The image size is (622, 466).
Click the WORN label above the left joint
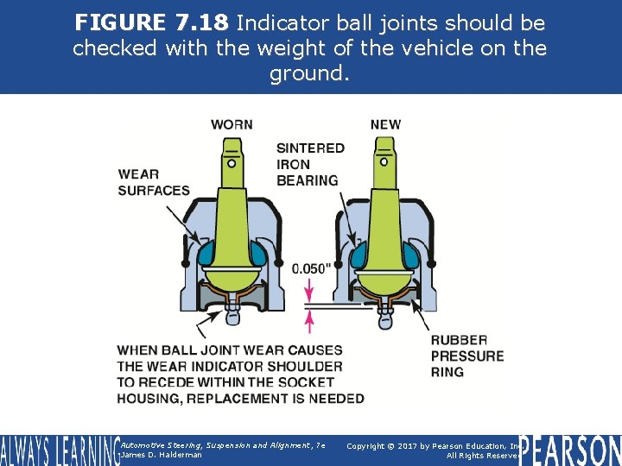(x=232, y=124)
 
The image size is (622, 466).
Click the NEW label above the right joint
(x=385, y=124)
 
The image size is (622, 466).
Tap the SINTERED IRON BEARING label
(x=308, y=164)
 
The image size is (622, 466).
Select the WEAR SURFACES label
(x=154, y=182)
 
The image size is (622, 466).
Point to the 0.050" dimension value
(x=311, y=268)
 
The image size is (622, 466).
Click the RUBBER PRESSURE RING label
(x=467, y=356)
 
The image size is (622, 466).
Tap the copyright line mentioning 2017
(x=432, y=445)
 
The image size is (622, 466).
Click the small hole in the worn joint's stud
(x=232, y=162)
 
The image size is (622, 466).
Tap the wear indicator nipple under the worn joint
(x=232, y=317)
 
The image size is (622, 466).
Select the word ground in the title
(x=308, y=74)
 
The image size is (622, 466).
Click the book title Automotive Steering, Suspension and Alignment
(x=223, y=445)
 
